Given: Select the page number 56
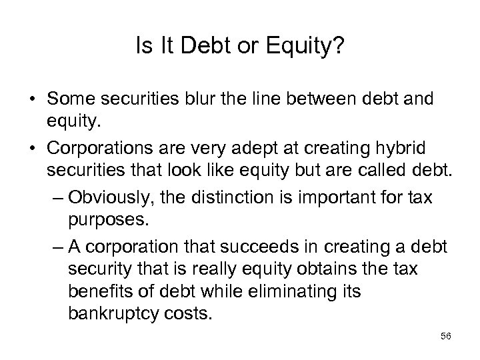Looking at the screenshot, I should click(x=447, y=337).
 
